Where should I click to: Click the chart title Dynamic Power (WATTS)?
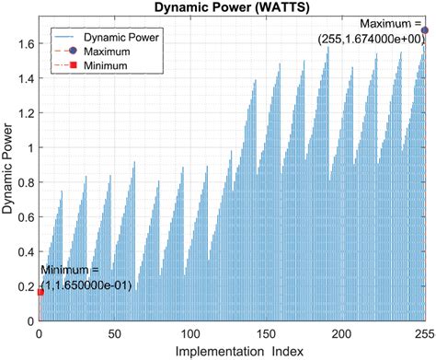click(x=234, y=7)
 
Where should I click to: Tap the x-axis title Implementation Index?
click(x=231, y=352)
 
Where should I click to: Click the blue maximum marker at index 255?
click(x=425, y=30)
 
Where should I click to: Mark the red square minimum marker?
click(x=40, y=292)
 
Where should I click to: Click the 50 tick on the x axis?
click(x=114, y=333)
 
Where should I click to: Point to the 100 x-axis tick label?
click(x=190, y=333)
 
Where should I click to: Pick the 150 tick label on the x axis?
click(x=266, y=333)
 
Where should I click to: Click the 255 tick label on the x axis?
click(x=424, y=333)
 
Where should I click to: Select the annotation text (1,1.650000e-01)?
click(x=86, y=285)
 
